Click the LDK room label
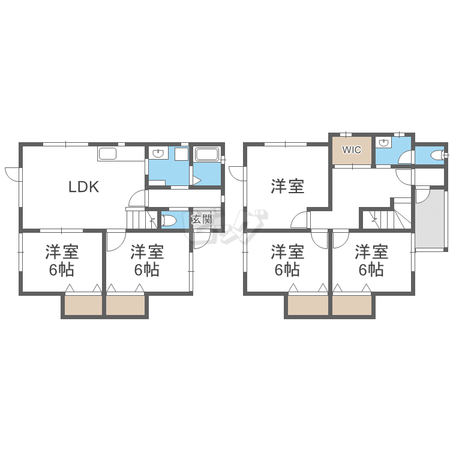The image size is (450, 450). [84, 187]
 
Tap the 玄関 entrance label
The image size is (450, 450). [202, 219]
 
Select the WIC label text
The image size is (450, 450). [352, 150]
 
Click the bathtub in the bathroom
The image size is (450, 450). [207, 154]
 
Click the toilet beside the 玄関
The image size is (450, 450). [169, 220]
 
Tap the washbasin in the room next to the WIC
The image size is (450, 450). [382, 143]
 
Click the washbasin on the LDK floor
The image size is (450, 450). [158, 154]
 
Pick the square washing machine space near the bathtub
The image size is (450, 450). [181, 154]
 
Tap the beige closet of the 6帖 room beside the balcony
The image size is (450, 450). [352, 305]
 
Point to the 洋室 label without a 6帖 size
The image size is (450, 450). [287, 186]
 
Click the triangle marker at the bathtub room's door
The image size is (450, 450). [197, 181]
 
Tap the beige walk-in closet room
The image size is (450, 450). [352, 151]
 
